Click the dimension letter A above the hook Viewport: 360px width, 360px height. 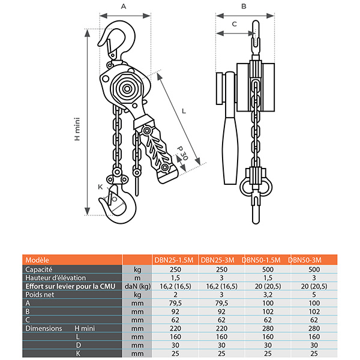click(x=124, y=6)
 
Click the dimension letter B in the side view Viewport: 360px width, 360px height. click(x=243, y=6)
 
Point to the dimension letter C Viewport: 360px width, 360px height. click(x=234, y=23)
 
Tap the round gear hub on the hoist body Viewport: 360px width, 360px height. click(x=128, y=89)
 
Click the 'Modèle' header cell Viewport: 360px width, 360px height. click(x=37, y=260)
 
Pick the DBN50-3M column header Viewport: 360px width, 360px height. click(x=305, y=260)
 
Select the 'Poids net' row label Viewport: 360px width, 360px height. click(x=40, y=295)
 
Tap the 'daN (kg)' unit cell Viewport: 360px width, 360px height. click(x=137, y=286)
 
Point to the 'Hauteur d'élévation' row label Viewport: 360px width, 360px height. click(x=56, y=278)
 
